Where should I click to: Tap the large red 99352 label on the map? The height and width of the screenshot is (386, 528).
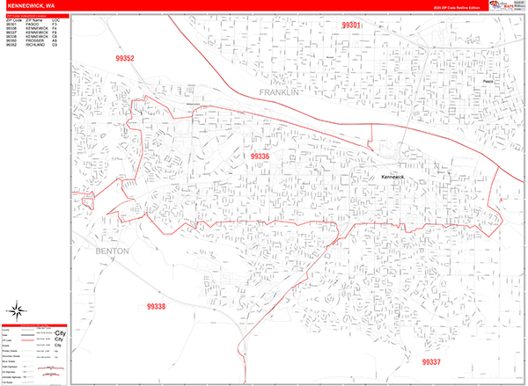click(124, 59)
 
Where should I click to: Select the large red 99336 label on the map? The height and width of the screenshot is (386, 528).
click(260, 157)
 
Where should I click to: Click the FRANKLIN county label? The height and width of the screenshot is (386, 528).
click(280, 91)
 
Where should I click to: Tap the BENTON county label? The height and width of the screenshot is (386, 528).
click(109, 251)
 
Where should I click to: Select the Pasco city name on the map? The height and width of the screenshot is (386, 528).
click(488, 81)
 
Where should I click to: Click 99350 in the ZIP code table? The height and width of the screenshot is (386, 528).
click(11, 40)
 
